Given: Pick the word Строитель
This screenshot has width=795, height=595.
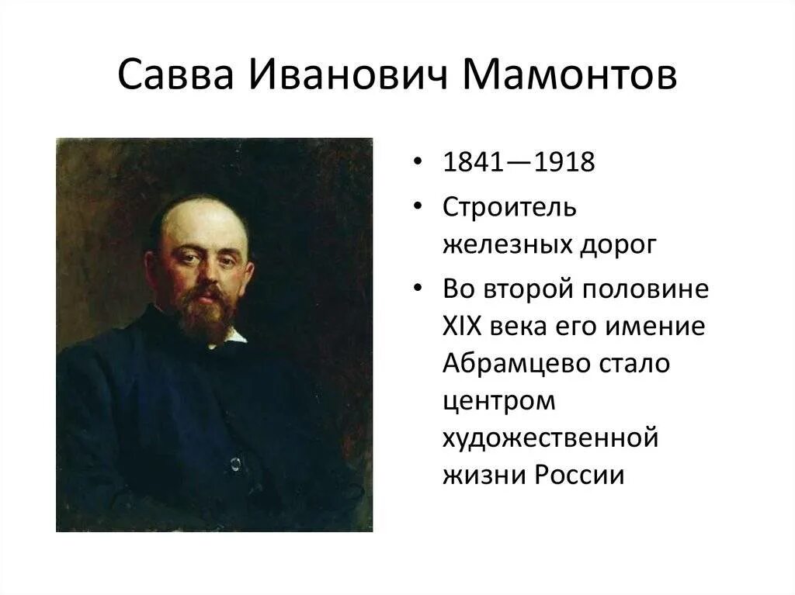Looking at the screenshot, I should point(510,207).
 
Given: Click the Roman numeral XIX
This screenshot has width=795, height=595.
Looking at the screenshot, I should point(464,326).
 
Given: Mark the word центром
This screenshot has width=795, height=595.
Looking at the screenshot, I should point(500,403).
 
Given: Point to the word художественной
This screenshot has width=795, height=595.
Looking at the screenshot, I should point(550,439).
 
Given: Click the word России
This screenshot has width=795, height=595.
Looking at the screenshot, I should point(580,474).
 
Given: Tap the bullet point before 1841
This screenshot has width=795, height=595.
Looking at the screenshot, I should point(419,164).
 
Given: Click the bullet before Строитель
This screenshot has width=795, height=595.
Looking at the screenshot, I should point(419,207).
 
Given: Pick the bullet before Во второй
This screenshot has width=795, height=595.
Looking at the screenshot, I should point(419,289).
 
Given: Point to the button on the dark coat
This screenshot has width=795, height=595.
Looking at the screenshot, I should point(234,464).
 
